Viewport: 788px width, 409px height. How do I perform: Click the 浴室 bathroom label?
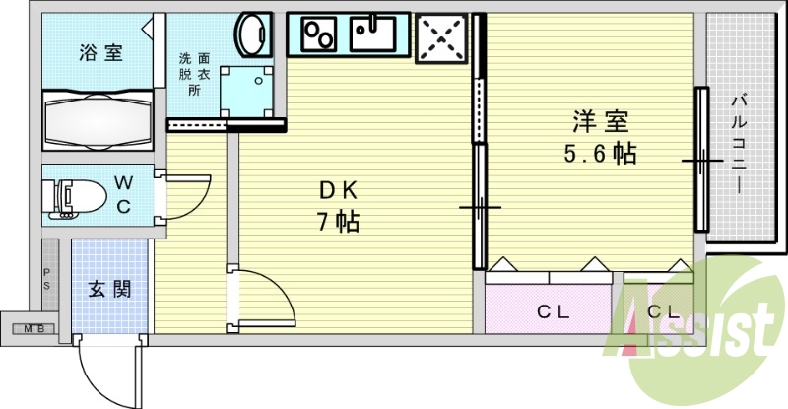pos(100,52)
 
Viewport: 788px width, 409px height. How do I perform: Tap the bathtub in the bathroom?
pos(98,120)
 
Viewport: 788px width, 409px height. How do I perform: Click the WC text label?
pos(124,194)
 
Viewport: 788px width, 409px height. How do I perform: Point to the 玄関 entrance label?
pos(109,289)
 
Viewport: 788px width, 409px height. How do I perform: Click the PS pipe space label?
pos(46,279)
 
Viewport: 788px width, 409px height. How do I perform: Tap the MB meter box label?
pos(34,329)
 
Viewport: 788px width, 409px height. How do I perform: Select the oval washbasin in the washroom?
pos(253,34)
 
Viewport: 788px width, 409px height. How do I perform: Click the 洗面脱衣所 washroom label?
pos(195,74)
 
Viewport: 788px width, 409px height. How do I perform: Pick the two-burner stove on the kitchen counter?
pos(319,34)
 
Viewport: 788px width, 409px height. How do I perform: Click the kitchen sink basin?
pos(373,34)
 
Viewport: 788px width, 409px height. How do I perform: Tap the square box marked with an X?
pos(440,38)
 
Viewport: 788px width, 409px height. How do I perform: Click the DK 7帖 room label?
pos(338,206)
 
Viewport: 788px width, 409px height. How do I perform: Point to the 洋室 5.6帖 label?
pos(600,137)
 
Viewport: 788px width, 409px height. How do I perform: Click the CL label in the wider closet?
pos(553,311)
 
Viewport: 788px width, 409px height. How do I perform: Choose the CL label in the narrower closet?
pos(663,311)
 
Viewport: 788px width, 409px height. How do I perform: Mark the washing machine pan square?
pos(247,92)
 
